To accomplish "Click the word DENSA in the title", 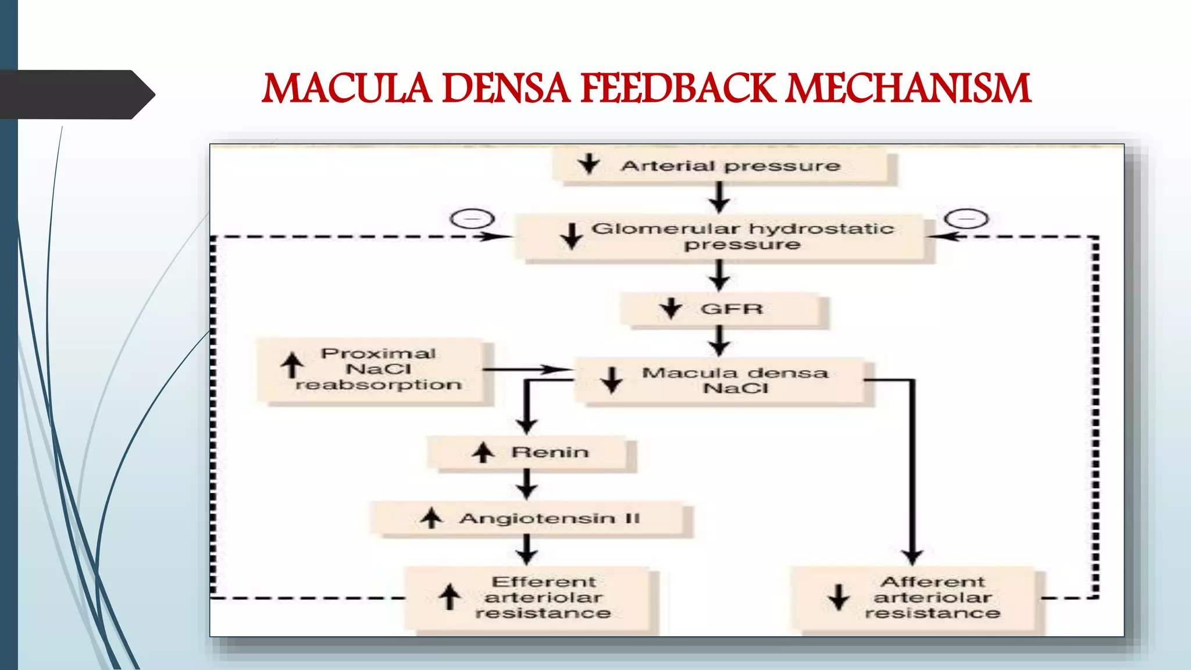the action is tap(507, 89).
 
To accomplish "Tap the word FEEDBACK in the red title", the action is tap(679, 89).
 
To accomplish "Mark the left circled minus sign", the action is tap(472, 219).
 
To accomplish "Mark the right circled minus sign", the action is tap(966, 219).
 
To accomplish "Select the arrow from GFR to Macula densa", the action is tap(719, 341).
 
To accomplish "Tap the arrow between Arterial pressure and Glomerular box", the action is tap(719, 198).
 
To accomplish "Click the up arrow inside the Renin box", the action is tap(483, 452).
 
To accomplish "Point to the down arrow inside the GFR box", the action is tap(671, 309).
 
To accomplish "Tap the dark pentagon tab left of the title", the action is tap(78, 95).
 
